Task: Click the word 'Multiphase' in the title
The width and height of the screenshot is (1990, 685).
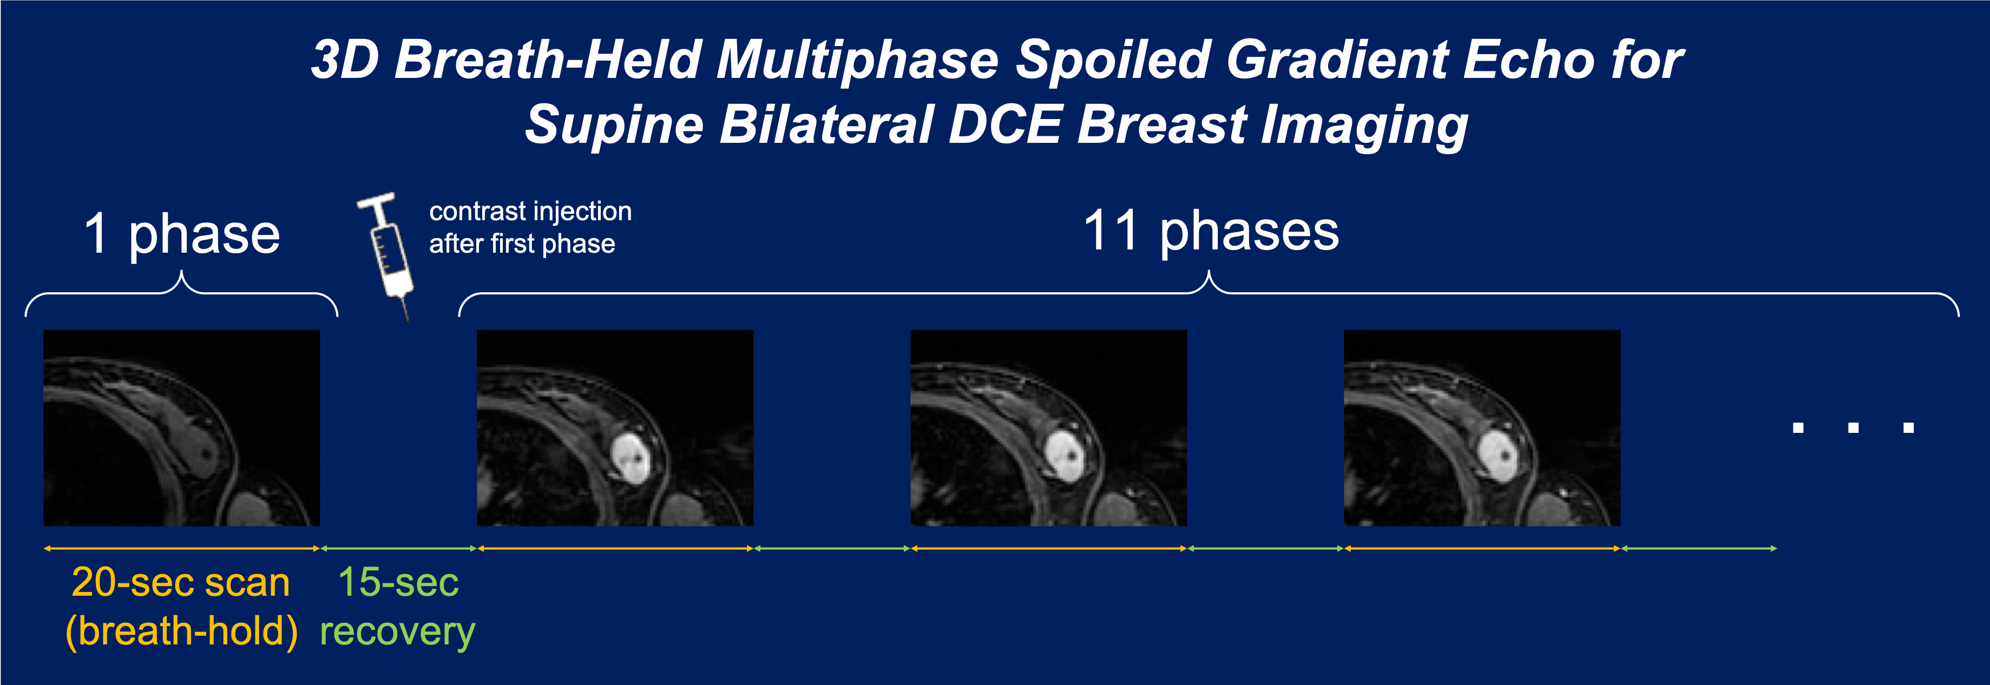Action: point(857,60)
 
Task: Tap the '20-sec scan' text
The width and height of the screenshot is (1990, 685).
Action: point(181,582)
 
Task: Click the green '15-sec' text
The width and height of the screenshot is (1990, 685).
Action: point(399,582)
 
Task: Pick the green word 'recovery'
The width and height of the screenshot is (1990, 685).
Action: point(398,633)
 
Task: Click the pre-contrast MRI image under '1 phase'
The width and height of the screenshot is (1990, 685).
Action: point(181,428)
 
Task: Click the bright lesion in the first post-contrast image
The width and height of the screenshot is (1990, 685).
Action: point(633,457)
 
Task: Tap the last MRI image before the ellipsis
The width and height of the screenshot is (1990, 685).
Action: point(1482,428)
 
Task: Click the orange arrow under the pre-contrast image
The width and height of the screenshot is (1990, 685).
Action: point(181,548)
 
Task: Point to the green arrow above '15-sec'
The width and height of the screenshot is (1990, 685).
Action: point(399,548)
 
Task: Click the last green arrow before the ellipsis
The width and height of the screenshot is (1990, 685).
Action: point(1699,548)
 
